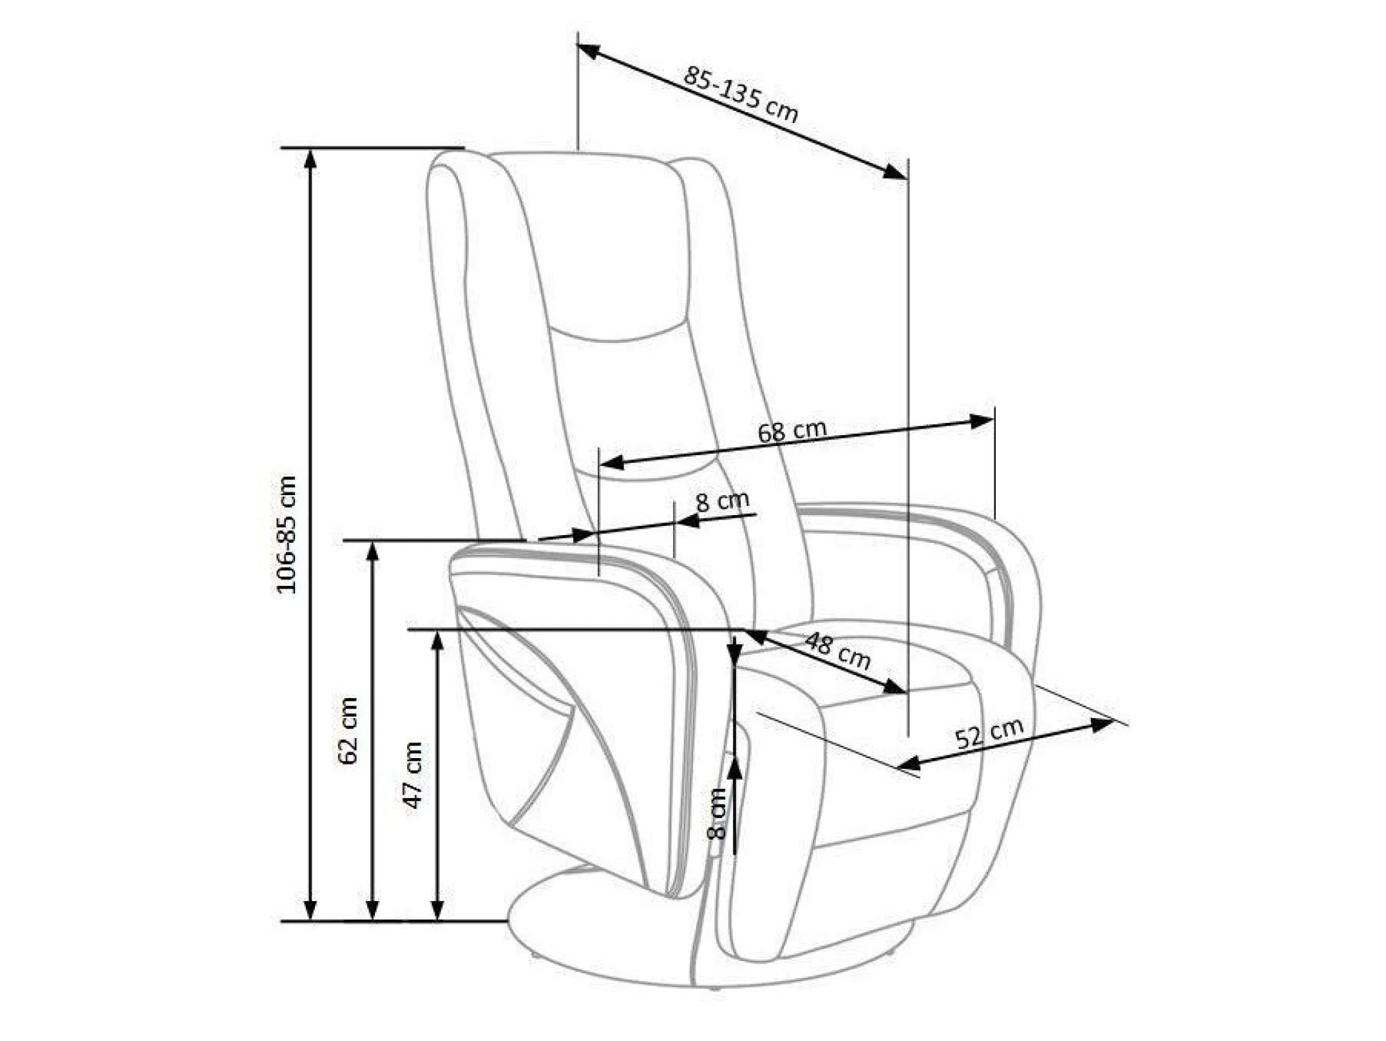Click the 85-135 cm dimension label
740,94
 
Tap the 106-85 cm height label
286,534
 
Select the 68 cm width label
792,430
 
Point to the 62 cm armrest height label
348,730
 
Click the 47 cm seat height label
413,775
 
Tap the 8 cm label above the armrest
722,501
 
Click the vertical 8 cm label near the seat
716,813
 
